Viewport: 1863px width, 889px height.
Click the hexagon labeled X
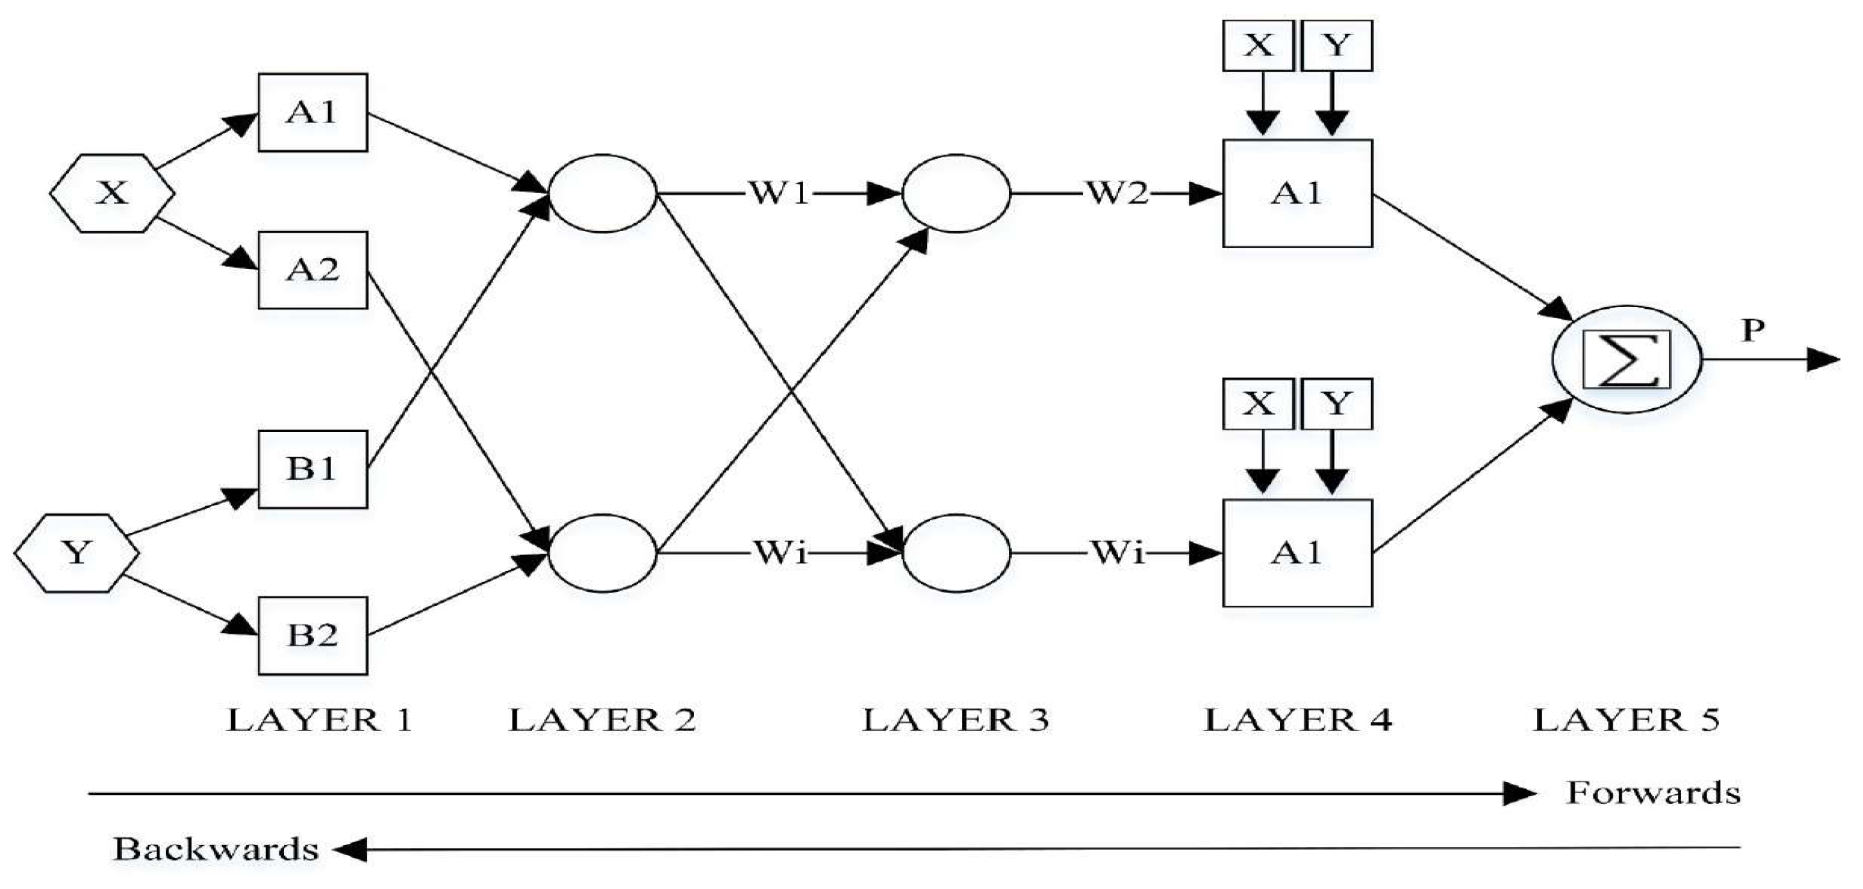coord(112,193)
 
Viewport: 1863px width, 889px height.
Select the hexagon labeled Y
coord(77,553)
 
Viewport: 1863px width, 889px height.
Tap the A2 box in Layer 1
coord(312,270)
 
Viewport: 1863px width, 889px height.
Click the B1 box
coord(312,469)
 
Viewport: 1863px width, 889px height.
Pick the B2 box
coord(312,635)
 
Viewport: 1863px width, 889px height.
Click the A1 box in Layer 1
coord(312,112)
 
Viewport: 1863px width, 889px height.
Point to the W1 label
coord(779,193)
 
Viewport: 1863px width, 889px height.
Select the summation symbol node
coord(1626,359)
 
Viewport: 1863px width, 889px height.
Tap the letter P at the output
coord(1753,330)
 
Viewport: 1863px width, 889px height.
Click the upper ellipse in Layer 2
coord(603,193)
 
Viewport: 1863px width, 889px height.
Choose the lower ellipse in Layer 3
coord(955,553)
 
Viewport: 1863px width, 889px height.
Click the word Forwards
coord(1653,794)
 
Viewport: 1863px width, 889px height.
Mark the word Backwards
coord(215,849)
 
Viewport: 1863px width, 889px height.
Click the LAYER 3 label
coord(955,721)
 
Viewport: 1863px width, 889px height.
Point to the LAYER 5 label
coord(1626,721)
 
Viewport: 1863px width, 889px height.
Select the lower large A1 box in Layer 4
coord(1297,553)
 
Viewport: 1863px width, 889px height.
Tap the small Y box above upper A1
coord(1337,46)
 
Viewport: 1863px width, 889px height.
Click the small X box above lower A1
coord(1259,404)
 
